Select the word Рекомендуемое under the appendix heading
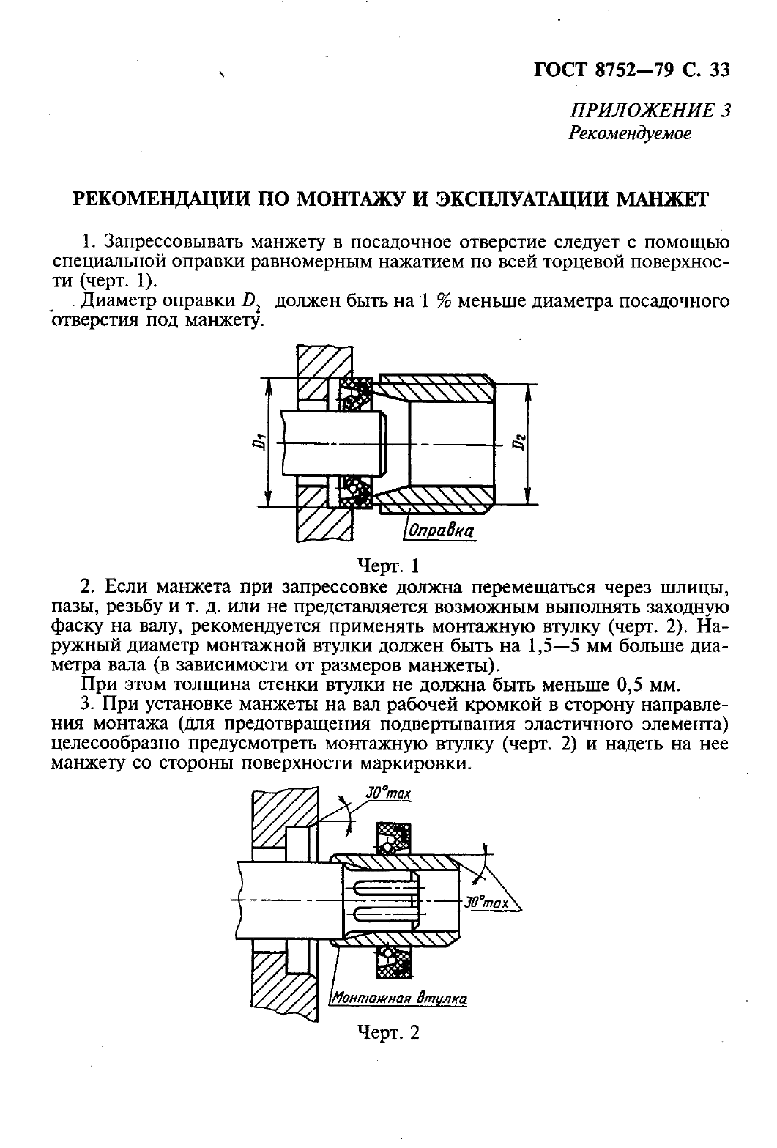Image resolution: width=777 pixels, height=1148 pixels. tap(630, 134)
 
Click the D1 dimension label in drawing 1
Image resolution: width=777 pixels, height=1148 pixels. tap(258, 442)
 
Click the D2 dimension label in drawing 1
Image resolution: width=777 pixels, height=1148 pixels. tap(519, 442)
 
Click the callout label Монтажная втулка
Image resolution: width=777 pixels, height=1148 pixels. tap(399, 998)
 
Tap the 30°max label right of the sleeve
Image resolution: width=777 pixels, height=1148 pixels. tap(487, 903)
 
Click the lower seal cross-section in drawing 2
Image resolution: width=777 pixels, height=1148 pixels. tap(394, 961)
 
